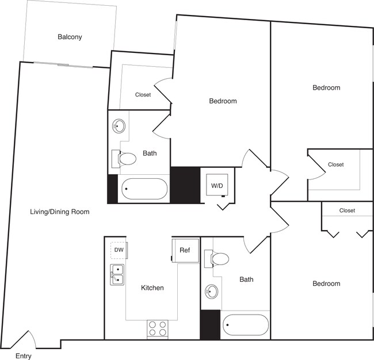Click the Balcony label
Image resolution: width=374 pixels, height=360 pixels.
(70, 37)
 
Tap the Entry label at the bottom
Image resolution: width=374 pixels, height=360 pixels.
(24, 356)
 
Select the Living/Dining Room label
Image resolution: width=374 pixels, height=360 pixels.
(60, 212)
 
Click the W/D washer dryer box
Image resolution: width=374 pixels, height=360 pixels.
(217, 186)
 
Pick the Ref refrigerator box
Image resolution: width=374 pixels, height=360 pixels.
(185, 250)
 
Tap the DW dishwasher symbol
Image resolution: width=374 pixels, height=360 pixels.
(119, 250)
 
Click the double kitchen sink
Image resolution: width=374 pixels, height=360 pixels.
(117, 274)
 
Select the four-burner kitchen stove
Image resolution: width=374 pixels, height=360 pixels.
(158, 328)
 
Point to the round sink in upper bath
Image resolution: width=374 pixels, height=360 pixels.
(119, 126)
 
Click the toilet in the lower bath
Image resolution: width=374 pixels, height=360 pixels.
(219, 259)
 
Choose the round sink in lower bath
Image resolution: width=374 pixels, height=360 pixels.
(211, 292)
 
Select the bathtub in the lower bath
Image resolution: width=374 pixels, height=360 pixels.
(246, 326)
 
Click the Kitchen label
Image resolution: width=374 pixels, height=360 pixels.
(152, 288)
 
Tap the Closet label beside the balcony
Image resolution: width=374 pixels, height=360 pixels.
(143, 95)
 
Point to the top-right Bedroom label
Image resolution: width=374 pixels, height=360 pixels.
(326, 88)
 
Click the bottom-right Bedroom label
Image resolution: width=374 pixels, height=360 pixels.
(326, 284)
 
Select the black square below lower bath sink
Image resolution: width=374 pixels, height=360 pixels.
(210, 324)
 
